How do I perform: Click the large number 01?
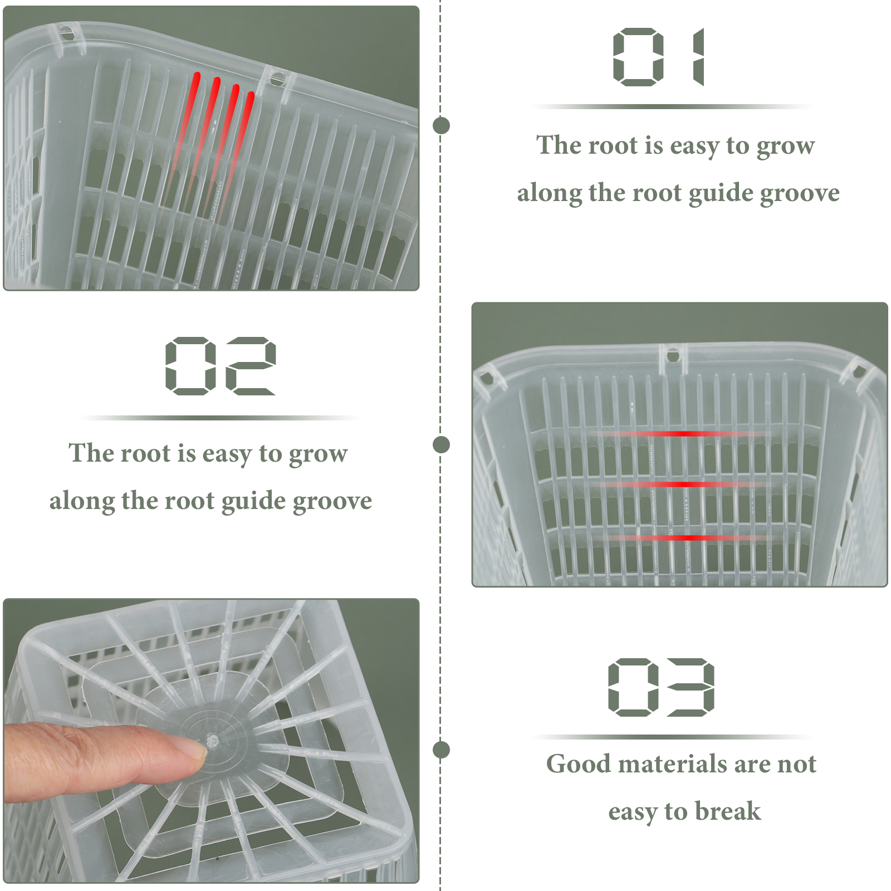[659, 57]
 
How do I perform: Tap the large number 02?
[221, 366]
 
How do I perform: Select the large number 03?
[662, 687]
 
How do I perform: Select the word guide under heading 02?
[253, 502]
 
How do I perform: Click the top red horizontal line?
[685, 433]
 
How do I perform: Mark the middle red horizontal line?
[685, 484]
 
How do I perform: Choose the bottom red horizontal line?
[685, 537]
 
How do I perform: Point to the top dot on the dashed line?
[441, 125]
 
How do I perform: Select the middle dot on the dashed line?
[441, 444]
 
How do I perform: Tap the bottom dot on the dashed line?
[441, 750]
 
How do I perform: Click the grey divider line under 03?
[673, 737]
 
